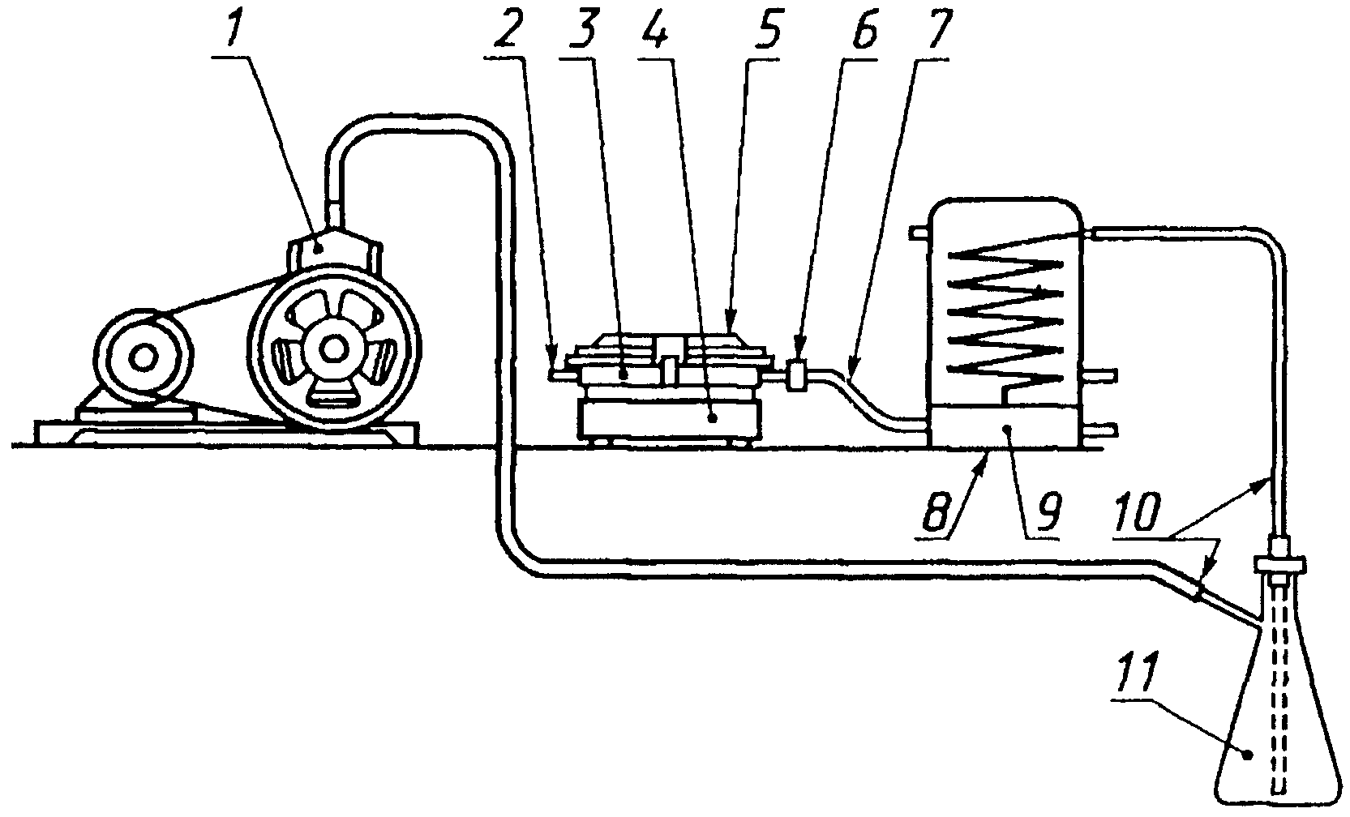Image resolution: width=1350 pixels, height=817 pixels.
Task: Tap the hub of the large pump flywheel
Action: coord(332,349)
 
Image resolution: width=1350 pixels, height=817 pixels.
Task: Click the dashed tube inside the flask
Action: coord(1279,689)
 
